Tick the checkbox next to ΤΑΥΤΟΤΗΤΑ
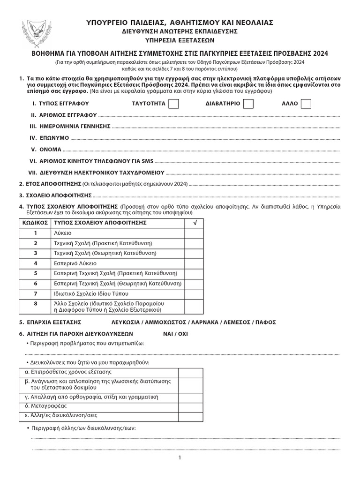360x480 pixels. click(x=173, y=103)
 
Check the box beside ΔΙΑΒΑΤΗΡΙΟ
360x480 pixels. click(x=248, y=103)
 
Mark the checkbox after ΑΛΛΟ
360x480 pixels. click(x=306, y=103)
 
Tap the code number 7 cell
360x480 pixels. click(x=35, y=293)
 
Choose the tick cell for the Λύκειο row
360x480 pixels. click(x=195, y=232)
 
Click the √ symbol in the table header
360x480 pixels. click(x=195, y=223)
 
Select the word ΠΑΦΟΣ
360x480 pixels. click(x=266, y=322)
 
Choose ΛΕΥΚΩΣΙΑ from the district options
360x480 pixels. click(x=125, y=322)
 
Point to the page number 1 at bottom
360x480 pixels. click(x=180, y=458)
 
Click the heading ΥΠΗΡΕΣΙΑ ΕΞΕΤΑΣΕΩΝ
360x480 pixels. click(x=180, y=40)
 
